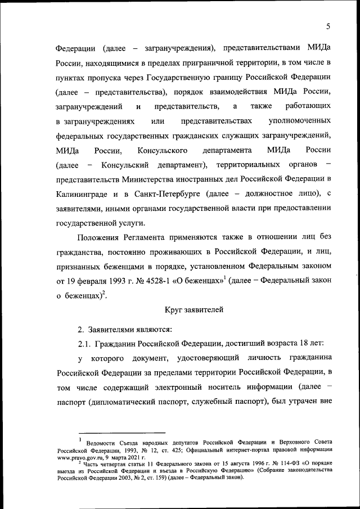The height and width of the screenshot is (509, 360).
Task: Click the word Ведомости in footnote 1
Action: click(x=103, y=444)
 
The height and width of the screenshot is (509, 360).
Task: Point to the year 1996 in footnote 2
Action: click(x=249, y=464)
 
